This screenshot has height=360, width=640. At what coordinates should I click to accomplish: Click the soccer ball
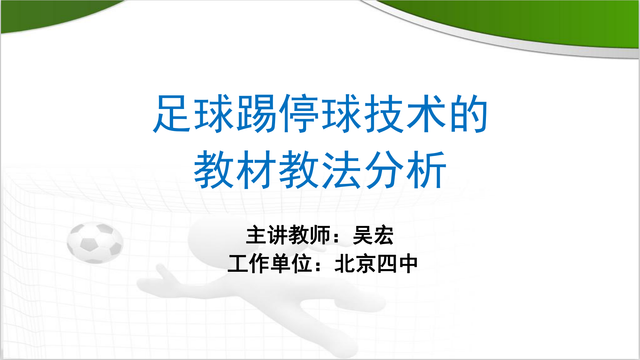[95, 243]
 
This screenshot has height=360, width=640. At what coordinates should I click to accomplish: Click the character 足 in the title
[173, 114]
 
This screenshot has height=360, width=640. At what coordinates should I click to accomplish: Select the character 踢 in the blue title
[257, 114]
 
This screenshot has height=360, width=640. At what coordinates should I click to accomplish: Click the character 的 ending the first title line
[468, 114]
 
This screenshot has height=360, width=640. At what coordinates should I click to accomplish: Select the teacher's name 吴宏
[373, 235]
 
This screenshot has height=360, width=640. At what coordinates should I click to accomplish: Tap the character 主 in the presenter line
[256, 235]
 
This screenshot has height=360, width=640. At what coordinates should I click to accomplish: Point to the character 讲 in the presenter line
[277, 235]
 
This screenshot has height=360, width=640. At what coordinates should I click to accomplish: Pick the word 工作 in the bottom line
[249, 264]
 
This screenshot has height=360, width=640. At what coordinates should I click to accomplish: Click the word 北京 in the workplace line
[355, 264]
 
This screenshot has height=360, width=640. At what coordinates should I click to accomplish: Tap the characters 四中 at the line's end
[397, 264]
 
